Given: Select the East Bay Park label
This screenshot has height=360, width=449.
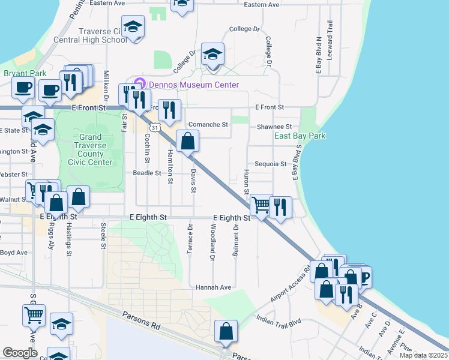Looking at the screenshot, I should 300,136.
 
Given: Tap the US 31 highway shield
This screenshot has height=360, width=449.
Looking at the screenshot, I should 155,127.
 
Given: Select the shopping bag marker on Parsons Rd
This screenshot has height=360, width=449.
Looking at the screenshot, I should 226,331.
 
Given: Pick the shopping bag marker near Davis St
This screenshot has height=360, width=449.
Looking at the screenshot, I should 188,142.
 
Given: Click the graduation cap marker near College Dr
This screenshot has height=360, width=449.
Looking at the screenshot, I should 212,55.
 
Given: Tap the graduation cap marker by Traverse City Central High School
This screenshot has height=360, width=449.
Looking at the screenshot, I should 133,26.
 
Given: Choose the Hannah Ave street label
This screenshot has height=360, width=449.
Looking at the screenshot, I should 213,287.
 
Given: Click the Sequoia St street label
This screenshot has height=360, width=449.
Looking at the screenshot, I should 271,163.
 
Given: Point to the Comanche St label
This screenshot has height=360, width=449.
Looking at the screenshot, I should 208,125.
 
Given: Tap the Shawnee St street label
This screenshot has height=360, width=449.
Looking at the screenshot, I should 274,127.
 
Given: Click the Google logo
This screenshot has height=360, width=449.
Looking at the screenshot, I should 20,353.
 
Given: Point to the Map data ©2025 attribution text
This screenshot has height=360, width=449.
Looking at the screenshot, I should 423,355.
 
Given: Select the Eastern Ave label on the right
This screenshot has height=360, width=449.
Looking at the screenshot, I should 262,4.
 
